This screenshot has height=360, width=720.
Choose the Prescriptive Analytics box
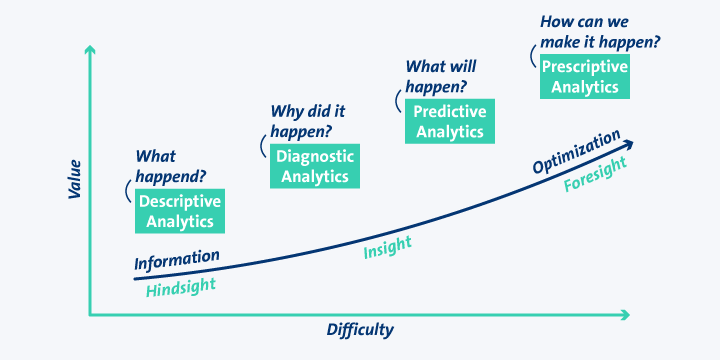click(585, 76)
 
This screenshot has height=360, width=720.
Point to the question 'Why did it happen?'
click(302, 121)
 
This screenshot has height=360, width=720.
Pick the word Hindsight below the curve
click(181, 288)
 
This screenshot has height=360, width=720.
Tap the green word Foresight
click(595, 178)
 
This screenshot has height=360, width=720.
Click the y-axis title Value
click(74, 178)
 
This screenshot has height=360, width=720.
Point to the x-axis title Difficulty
click(360, 330)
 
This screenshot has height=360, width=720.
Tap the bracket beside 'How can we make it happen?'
click(531, 56)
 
